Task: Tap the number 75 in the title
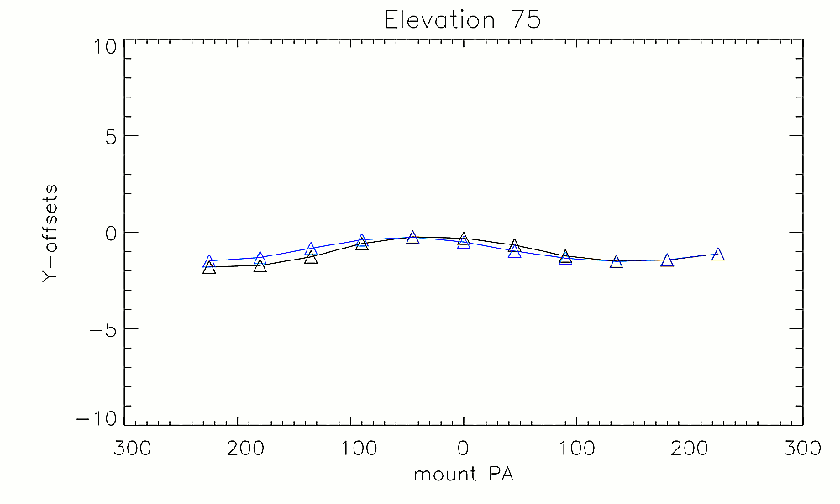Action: [x=523, y=20]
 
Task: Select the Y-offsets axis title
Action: [x=50, y=233]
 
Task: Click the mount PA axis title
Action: [x=463, y=475]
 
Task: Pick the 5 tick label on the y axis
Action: [x=109, y=136]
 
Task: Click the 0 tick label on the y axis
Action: [x=109, y=233]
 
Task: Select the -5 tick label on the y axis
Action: [x=102, y=329]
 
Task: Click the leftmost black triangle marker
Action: [x=209, y=268]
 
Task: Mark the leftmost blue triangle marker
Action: [x=209, y=262]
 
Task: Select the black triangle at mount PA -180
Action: [x=260, y=265]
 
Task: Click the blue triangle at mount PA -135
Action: [x=311, y=249]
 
